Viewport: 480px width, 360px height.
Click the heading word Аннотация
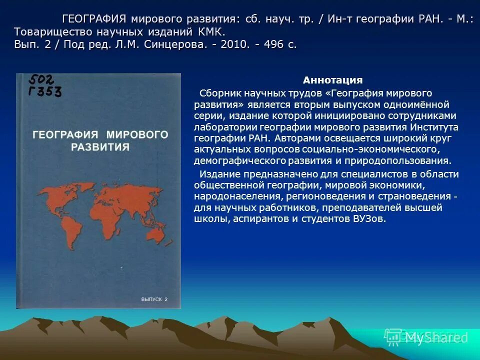point(332,80)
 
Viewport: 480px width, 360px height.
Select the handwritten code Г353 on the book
point(45,91)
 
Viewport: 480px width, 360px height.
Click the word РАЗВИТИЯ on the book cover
point(100,147)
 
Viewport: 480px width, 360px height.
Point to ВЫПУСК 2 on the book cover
point(154,299)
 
